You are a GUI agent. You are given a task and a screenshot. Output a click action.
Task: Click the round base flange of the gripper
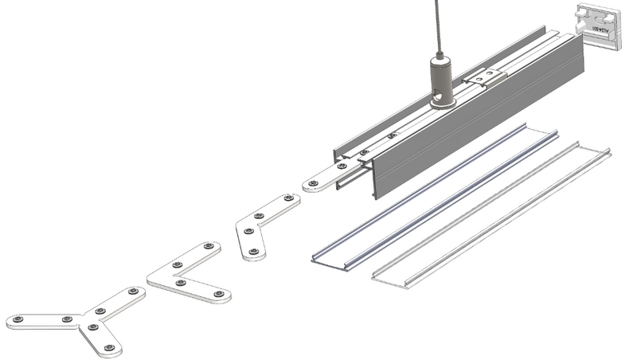tap(440, 101)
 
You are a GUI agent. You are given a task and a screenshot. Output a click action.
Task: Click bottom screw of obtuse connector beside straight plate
tap(254, 252)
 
